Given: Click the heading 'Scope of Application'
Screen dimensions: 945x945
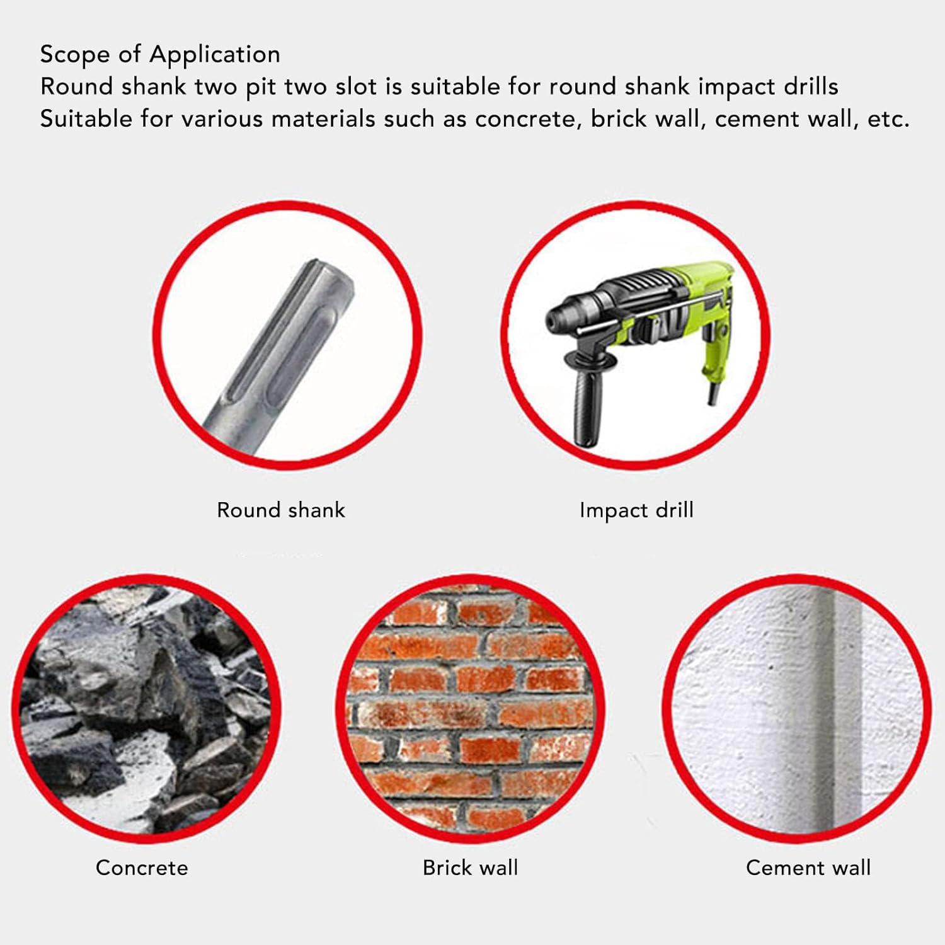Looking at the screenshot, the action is point(160,55).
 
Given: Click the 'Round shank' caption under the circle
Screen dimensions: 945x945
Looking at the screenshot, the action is point(281,510).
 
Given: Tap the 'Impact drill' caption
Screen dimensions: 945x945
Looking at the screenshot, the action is point(636,510).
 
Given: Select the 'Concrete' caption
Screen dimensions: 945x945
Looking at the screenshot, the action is point(142,868).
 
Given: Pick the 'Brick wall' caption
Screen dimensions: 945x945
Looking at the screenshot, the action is point(470,868).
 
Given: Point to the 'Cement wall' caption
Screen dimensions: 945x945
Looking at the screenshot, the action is point(808,868).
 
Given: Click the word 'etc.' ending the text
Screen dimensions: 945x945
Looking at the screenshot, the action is point(888,118).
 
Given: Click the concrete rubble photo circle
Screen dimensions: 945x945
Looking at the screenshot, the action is point(146,709).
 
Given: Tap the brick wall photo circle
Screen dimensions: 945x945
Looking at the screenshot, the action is point(470,709).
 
